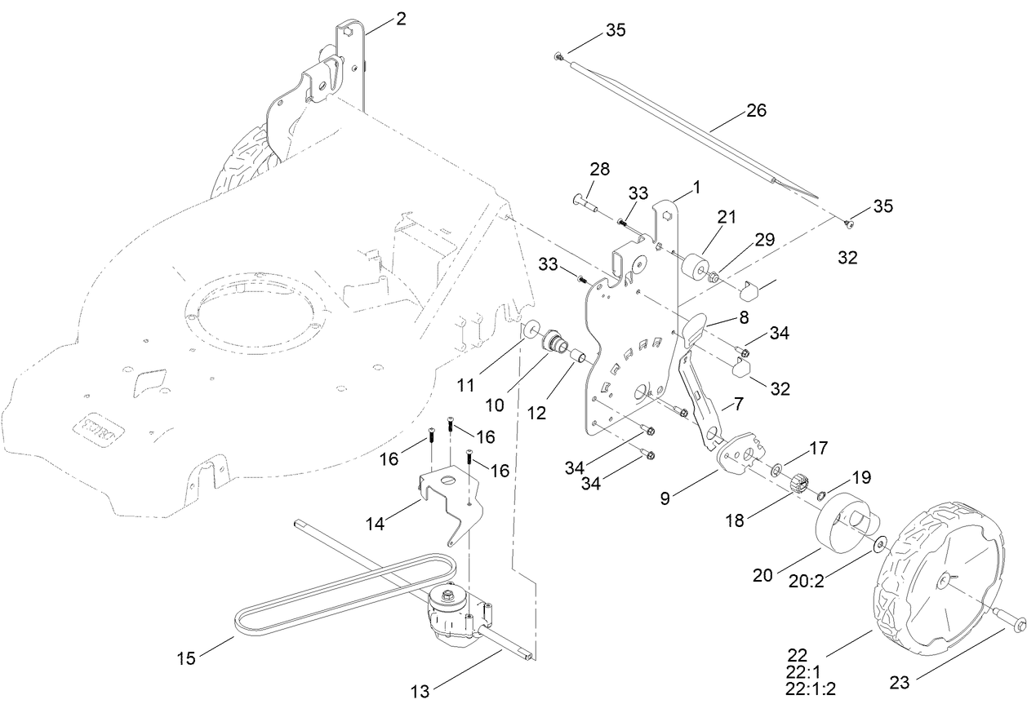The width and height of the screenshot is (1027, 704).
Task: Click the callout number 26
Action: click(x=756, y=110)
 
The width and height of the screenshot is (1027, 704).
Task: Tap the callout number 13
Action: click(x=420, y=692)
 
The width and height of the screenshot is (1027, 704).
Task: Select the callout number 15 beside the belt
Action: click(x=187, y=658)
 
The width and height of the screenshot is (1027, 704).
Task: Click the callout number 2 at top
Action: click(x=401, y=19)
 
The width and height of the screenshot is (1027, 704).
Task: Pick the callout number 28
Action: click(x=599, y=170)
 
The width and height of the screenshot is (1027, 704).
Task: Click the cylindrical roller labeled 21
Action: click(x=696, y=266)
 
